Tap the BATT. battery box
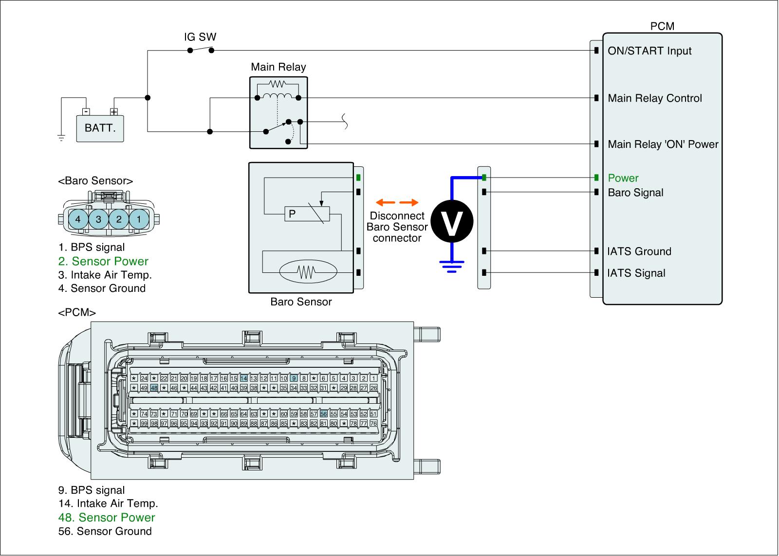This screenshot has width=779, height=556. (x=100, y=128)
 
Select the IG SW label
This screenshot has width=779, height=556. (x=200, y=37)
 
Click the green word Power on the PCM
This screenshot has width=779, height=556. (x=623, y=178)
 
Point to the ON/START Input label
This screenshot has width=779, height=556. (x=649, y=51)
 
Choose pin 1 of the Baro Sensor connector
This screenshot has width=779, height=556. (x=139, y=219)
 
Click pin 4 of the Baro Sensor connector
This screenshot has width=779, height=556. (x=78, y=219)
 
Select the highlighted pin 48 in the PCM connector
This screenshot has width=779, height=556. (x=154, y=388)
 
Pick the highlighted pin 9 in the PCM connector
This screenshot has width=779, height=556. (x=294, y=378)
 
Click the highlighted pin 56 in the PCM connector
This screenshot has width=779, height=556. (x=324, y=414)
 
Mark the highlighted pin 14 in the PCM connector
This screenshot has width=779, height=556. (x=244, y=378)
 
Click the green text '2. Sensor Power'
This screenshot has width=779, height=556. (x=103, y=261)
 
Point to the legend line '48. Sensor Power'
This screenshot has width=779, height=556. (x=107, y=518)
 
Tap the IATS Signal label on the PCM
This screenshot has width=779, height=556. (x=636, y=273)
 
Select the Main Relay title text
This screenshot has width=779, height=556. (x=278, y=67)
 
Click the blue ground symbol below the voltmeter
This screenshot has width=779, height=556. (x=452, y=266)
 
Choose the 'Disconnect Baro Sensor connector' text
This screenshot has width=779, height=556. (x=397, y=227)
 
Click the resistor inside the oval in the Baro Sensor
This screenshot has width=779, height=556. (x=307, y=272)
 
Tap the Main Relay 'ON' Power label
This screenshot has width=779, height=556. (x=663, y=144)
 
